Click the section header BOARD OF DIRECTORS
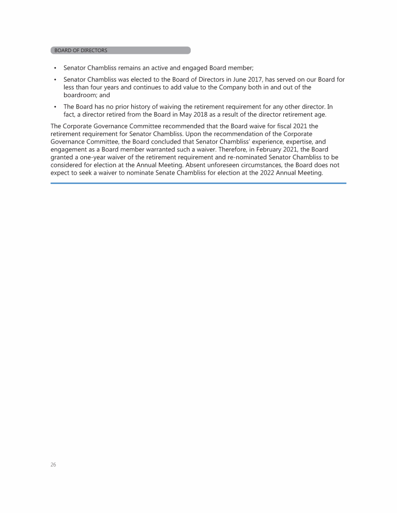tap(81, 51)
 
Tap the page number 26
tap(53, 465)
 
